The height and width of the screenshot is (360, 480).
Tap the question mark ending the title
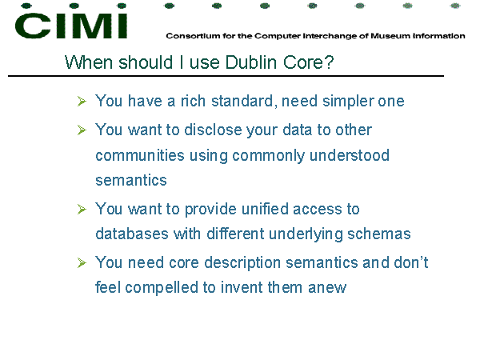click(329, 62)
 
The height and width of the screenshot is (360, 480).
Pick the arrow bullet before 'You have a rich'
click(82, 102)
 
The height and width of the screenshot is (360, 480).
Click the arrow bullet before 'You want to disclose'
click(82, 130)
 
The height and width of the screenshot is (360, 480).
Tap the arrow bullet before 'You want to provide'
click(82, 210)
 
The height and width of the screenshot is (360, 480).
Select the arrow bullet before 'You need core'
click(82, 263)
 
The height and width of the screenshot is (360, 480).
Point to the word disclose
click(213, 130)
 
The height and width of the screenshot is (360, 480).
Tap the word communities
click(140, 155)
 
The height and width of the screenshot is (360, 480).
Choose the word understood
click(350, 155)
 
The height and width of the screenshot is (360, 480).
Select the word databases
click(132, 234)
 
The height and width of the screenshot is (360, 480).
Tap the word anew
click(327, 288)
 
